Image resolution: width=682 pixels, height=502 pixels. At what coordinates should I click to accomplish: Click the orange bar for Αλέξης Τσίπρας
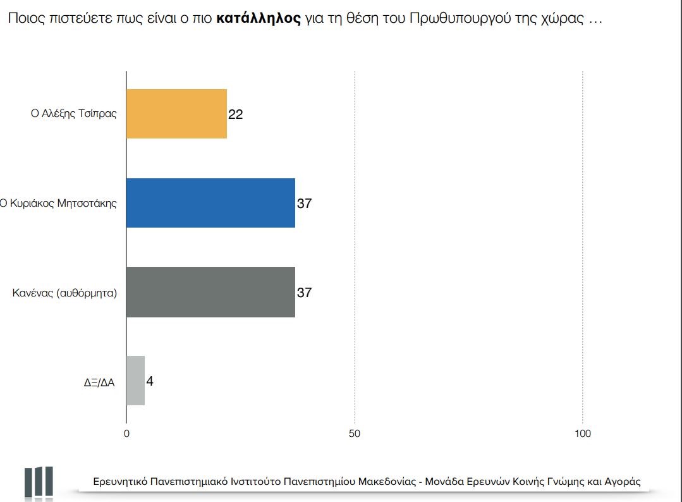tap(176, 114)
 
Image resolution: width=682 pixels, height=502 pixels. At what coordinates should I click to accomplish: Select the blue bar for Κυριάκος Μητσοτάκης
tap(210, 203)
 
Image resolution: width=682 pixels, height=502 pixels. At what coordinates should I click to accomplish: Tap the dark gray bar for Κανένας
tap(210, 292)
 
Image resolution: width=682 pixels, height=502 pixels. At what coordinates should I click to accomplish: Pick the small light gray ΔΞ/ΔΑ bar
tap(135, 381)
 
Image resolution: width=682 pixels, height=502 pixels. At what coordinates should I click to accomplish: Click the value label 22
tap(236, 114)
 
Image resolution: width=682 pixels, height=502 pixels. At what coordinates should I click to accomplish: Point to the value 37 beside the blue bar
tap(305, 204)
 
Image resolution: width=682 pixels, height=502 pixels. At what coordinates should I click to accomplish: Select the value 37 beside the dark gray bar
tap(305, 293)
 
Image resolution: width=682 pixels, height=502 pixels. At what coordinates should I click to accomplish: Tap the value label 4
tap(150, 381)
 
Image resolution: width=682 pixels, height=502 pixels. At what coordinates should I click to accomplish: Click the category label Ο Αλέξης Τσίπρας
tap(74, 114)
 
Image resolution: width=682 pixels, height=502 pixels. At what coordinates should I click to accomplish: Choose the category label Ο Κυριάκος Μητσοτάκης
tap(59, 204)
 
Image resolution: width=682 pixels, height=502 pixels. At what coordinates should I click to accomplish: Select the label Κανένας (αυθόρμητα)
tap(65, 293)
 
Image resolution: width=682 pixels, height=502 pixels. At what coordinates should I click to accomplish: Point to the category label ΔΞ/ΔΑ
tap(99, 382)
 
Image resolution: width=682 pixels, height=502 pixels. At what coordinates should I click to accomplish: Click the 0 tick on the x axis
tap(126, 434)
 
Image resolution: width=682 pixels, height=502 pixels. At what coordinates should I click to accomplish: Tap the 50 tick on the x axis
tap(355, 434)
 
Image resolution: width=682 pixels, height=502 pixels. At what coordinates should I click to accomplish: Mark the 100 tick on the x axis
tap(582, 434)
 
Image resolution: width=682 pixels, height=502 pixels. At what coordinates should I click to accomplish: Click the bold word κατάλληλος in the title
tap(258, 18)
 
